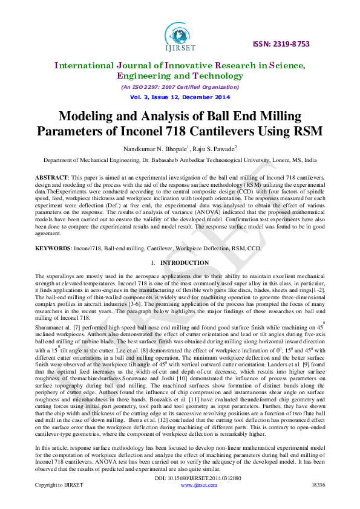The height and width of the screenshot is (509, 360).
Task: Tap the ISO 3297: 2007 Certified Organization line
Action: [180, 87]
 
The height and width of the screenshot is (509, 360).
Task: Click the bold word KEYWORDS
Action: [53, 248]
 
